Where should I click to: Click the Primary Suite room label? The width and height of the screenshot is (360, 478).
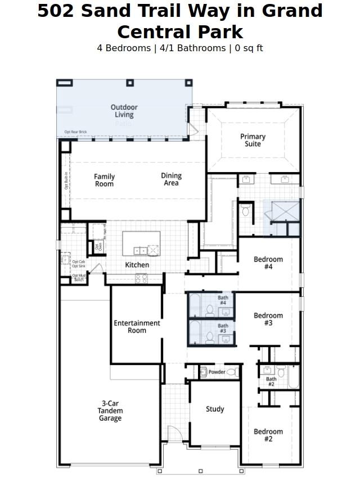pos(253,140)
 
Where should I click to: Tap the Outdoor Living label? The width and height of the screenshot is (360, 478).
pos(124,111)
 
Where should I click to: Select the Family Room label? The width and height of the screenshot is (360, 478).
pos(104,180)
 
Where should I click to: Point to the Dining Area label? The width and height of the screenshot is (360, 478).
pos(171,179)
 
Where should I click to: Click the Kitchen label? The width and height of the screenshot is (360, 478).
pos(137,265)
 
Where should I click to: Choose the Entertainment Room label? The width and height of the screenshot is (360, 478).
pos(137,327)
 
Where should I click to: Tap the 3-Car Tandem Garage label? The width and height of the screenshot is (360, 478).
pos(110,411)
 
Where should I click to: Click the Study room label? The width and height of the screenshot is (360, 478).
pos(215,409)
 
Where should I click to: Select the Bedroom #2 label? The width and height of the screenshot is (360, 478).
pos(268,435)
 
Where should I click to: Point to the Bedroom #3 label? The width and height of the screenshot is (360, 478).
pos(268,319)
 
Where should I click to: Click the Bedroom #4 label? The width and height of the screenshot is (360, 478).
pos(268,263)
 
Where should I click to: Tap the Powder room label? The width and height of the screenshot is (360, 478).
pos(217,372)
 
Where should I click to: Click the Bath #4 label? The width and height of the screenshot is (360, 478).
pos(223,300)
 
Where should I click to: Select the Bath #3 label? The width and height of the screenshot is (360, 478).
pos(223,328)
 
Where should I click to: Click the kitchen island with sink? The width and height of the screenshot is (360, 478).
pos(141,243)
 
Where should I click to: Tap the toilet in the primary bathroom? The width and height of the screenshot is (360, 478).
pos(245,211)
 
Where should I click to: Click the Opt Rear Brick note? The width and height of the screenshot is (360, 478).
pos(75,132)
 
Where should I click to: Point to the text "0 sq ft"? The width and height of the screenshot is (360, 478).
pos(249,48)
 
